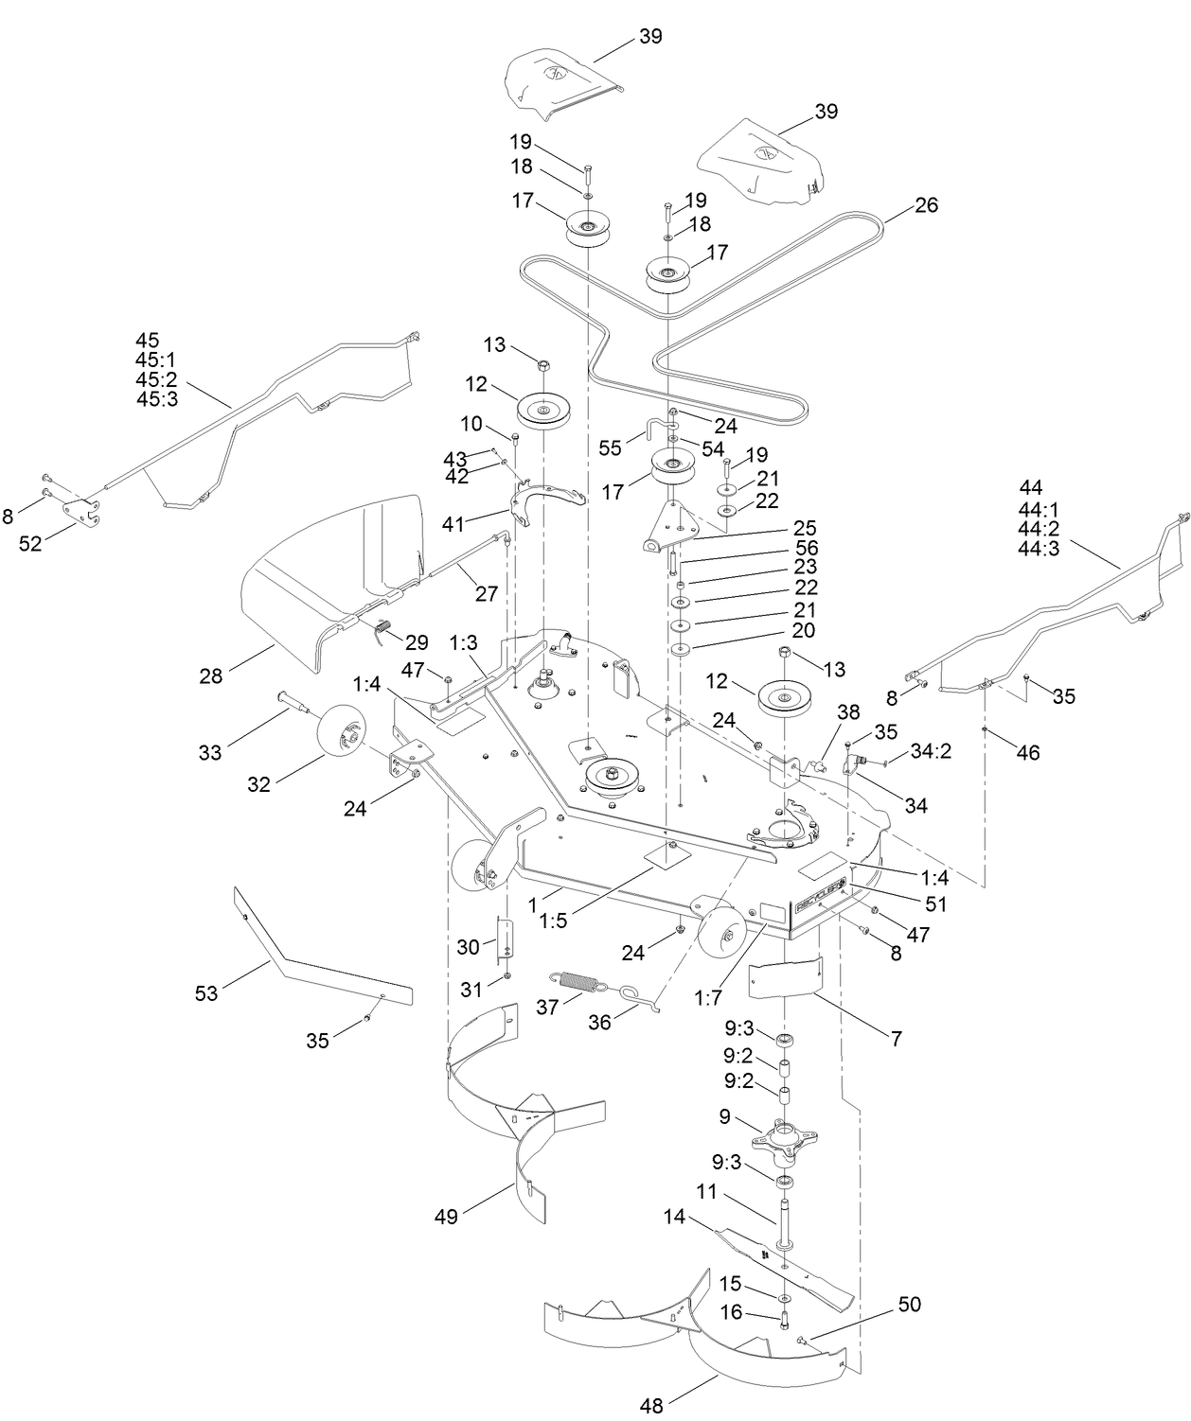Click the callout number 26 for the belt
pos(926,204)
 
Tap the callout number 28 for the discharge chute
pos(210,675)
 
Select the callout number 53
pos(206,992)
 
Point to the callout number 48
pos(651,1405)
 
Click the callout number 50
pos(909,1305)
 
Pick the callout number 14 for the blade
pos(674,1218)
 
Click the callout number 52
pos(31,544)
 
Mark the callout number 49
pos(446,1216)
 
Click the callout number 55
pos(611,447)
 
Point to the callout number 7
pos(895,1039)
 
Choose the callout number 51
pos(936,903)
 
